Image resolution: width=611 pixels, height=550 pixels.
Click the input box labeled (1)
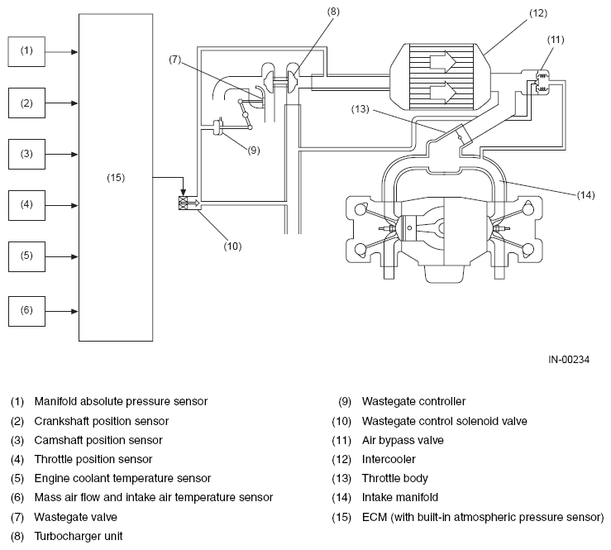point(26,51)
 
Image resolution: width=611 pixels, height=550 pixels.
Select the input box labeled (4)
point(26,205)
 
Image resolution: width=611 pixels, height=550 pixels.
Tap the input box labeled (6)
point(26,311)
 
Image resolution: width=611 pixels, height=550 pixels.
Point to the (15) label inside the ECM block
point(116,178)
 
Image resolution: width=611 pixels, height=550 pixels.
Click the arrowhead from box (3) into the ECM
point(74,155)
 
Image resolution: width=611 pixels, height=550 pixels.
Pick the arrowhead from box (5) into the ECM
point(74,257)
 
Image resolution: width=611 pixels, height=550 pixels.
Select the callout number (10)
point(232,246)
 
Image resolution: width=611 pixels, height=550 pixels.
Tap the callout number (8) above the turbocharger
point(333,12)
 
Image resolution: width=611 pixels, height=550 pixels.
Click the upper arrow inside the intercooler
point(443,61)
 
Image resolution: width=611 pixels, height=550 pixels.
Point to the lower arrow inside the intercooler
point(443,92)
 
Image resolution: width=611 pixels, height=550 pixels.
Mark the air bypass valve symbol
point(542,82)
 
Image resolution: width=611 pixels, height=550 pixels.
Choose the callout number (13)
point(360,109)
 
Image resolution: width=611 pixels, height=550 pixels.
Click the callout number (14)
point(585,195)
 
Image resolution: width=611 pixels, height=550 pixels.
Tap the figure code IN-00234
point(569,360)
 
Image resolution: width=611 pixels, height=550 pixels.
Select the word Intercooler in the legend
point(389,459)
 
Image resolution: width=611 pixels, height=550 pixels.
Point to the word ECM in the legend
point(374,517)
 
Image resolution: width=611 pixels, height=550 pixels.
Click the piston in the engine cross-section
point(410,227)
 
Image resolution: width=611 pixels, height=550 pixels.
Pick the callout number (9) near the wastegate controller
point(254,151)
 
